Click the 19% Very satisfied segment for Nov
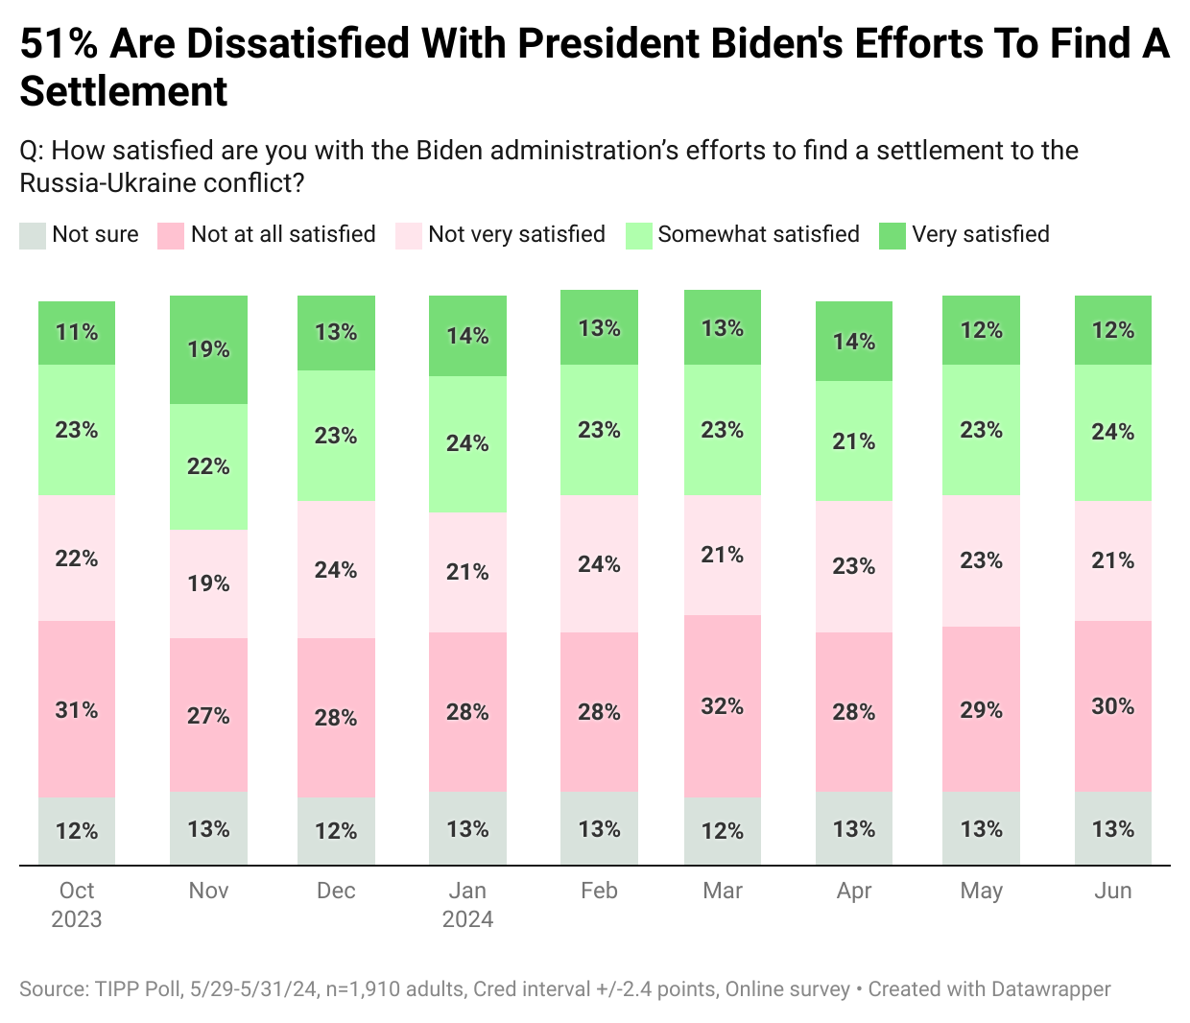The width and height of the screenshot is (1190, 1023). coord(208,349)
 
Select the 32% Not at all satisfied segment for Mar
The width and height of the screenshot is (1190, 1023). coord(723,706)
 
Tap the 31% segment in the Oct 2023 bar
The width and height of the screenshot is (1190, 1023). coord(77,709)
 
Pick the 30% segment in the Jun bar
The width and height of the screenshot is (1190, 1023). coord(1113,706)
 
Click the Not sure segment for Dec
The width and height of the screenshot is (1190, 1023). coord(336,831)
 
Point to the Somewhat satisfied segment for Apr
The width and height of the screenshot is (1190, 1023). coord(854,441)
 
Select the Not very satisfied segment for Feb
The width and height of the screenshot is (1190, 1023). coord(599,564)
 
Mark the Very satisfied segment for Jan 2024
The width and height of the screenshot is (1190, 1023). coord(467,336)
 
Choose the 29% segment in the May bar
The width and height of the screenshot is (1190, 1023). coord(981,709)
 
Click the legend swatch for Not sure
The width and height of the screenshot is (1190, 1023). coord(33,235)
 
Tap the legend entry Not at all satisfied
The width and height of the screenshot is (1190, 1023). coord(283,234)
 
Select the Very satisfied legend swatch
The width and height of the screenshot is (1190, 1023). coord(892,235)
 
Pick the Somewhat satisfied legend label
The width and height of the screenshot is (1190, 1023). coord(758,234)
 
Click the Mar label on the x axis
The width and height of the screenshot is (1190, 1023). coord(723,891)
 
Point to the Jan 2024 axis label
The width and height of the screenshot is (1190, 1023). coord(467,904)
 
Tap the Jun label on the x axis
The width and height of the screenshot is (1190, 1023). coord(1113,891)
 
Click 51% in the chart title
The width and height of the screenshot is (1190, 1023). coord(59,44)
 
